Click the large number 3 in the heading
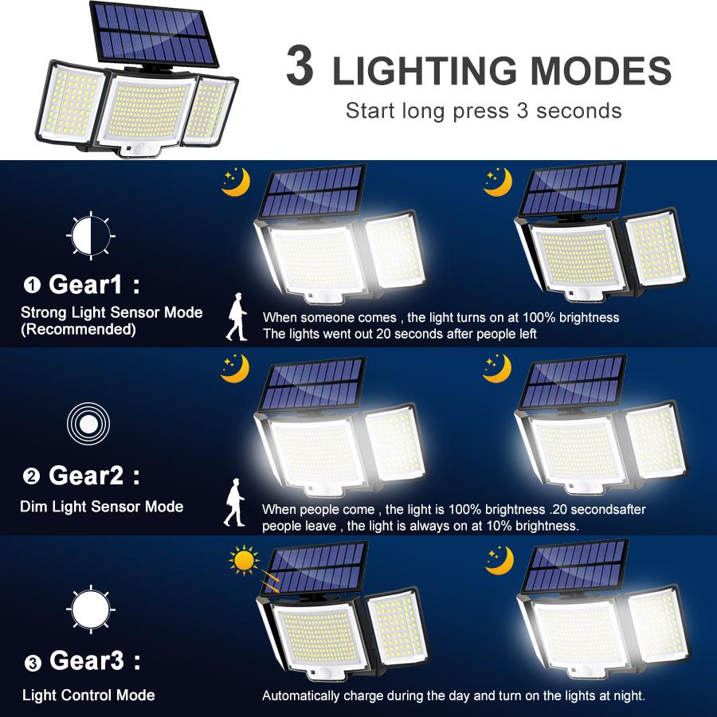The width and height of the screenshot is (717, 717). point(300,67)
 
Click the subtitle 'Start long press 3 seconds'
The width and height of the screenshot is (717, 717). point(484,110)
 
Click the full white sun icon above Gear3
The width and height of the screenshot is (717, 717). point(90,610)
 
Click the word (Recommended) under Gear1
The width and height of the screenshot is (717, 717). point(78,329)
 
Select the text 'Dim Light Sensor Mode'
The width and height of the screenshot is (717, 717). point(101,507)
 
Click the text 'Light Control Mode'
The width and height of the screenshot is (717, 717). point(88,695)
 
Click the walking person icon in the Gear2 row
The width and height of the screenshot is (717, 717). point(233,503)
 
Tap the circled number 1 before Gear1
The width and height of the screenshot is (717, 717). point(32,285)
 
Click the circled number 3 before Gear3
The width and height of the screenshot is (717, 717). point(32,663)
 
